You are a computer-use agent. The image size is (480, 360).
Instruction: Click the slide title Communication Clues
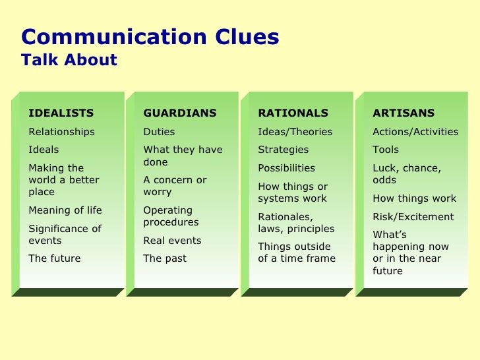point(150,37)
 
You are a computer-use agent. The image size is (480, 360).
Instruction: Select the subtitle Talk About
point(69,59)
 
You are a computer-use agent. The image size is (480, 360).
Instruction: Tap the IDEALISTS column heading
point(61,113)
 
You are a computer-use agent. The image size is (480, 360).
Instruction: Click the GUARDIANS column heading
point(180,113)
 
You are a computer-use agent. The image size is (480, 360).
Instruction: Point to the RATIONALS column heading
point(293,113)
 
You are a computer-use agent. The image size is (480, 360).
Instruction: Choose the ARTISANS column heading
point(404,113)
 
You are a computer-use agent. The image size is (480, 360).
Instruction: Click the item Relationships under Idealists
point(61,132)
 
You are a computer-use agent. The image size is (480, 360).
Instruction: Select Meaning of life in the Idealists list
point(65,210)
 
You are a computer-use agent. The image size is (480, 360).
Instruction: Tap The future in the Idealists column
point(55,258)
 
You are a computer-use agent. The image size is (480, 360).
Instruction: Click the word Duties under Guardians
point(159,132)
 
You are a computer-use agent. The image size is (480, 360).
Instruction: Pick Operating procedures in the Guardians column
point(171,216)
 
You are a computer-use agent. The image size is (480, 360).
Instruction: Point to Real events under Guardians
point(172,241)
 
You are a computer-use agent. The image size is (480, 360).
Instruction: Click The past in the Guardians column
point(165,258)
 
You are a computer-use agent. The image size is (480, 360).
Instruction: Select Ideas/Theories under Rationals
point(295,132)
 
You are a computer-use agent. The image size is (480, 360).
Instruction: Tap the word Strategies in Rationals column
point(283,150)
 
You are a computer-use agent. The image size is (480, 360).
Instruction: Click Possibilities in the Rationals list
point(286,168)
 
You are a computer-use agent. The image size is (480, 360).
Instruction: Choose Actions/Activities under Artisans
point(415,132)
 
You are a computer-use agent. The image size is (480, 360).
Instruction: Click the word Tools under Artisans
point(386,150)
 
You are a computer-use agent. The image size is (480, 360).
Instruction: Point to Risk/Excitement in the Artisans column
point(413,217)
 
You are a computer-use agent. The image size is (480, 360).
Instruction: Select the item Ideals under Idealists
point(44,150)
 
